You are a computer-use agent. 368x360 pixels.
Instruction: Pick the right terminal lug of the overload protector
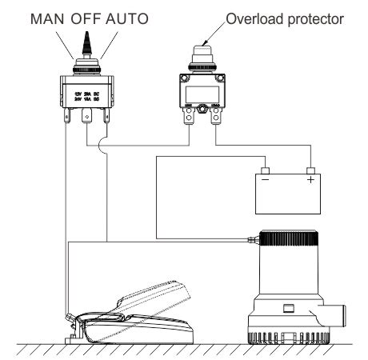tap(215, 119)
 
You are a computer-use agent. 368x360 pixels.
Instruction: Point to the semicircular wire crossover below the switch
tap(98, 146)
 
